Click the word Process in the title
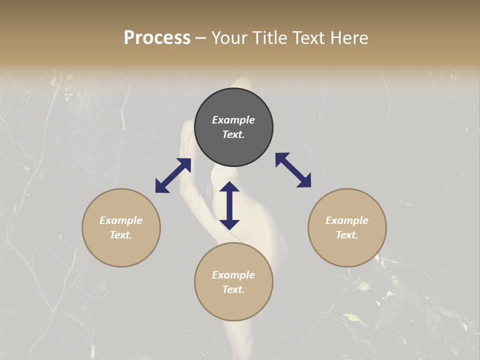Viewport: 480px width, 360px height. pos(157,38)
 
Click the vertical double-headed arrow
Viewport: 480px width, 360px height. pos(229,205)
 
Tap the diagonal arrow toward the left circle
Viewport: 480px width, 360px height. pos(173,175)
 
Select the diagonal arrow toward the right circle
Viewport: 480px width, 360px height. pos(293,170)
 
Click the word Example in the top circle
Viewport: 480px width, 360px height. pos(233,120)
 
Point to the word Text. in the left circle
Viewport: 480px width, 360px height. pos(121,235)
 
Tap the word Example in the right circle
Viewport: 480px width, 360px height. pos(347,220)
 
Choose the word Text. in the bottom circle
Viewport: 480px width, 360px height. pos(233,289)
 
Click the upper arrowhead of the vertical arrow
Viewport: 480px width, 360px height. pos(229,187)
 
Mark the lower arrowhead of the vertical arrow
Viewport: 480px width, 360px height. pos(229,224)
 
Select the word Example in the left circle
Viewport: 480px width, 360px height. pos(121,220)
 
